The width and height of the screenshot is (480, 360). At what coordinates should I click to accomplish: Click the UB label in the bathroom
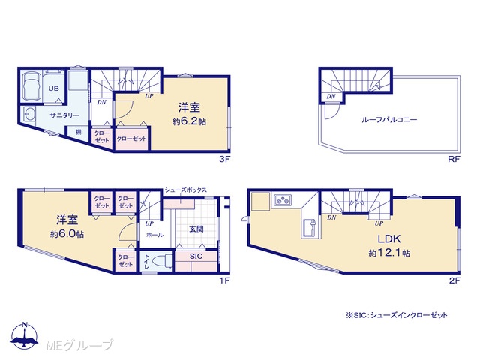point(54,88)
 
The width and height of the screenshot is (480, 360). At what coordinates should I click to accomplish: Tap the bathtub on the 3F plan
point(31,87)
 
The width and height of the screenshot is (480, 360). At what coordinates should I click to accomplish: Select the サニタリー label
point(64,115)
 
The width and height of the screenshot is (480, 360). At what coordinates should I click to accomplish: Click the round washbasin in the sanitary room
point(28,115)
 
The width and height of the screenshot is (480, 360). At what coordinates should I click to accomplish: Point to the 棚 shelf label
point(78,132)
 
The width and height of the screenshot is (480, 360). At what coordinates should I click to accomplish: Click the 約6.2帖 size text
point(189,121)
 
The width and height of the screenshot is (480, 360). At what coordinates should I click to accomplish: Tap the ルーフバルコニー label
point(389,119)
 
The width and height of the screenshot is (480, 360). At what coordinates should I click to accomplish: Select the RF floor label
point(454,159)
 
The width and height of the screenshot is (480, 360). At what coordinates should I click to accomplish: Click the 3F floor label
point(224,159)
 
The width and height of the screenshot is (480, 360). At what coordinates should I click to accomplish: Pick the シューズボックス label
point(185,190)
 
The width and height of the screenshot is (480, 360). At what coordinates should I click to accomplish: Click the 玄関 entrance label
point(196,229)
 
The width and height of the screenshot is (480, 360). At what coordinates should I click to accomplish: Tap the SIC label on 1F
point(196,256)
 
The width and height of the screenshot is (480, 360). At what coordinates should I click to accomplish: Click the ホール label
point(154,235)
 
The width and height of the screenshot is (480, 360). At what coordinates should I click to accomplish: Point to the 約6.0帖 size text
point(67,234)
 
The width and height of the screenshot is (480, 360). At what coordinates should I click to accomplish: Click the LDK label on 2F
point(389,238)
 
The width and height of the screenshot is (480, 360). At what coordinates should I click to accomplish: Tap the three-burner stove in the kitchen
point(283,200)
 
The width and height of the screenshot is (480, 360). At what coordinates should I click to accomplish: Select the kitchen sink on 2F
point(310,228)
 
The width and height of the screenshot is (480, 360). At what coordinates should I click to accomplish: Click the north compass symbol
point(25,335)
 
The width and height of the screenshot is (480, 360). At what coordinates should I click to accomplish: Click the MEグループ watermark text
point(79,345)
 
